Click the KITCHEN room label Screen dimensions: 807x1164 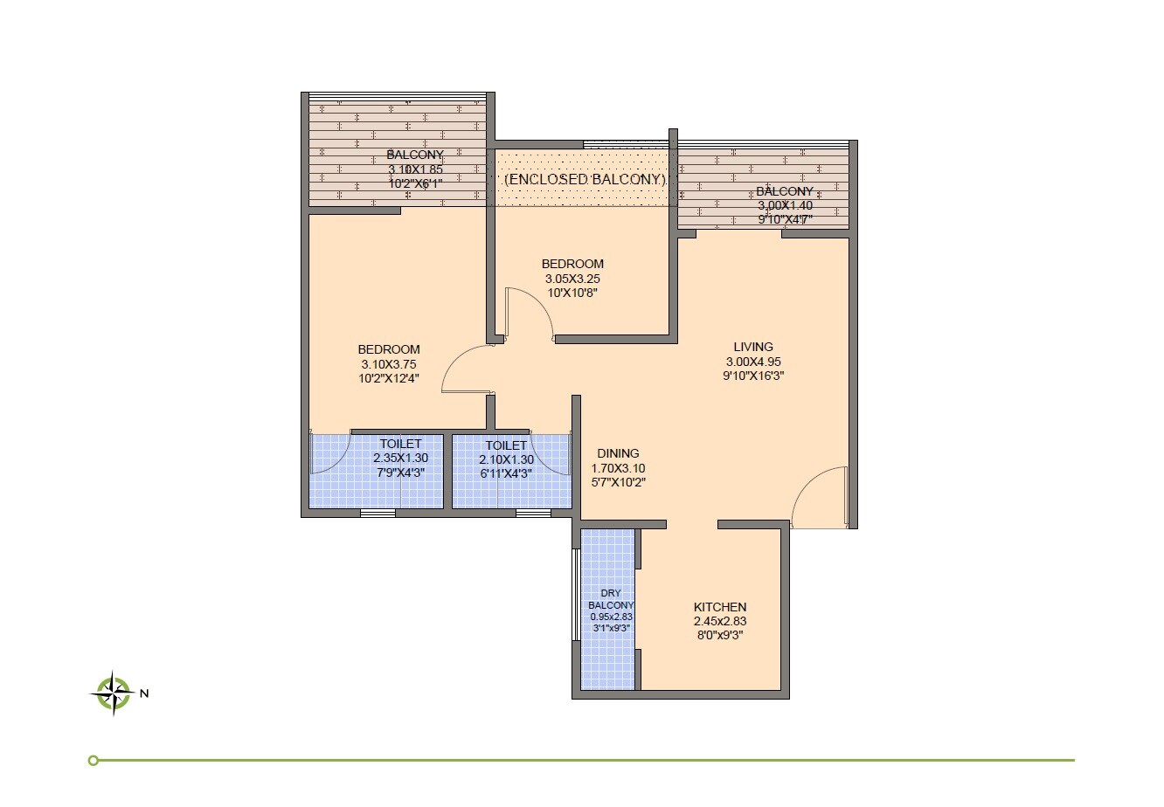pos(720,607)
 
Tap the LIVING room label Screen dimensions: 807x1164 pos(753,347)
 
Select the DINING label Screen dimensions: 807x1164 pos(618,453)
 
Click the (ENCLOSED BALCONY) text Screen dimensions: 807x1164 pos(585,179)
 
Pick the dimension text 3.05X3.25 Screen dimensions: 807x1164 pos(572,279)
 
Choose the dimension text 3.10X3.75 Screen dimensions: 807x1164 pos(388,364)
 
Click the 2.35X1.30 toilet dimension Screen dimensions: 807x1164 pos(400,459)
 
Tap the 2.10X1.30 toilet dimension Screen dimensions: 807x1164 pos(506,459)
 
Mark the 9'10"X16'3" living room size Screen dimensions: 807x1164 pos(753,376)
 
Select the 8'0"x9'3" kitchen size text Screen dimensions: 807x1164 pos(720,637)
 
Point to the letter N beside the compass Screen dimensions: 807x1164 pos(145,694)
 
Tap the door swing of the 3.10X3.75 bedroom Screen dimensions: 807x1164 pos(468,369)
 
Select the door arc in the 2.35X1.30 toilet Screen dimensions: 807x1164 pos(330,454)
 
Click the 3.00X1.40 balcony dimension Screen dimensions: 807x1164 pos(784,205)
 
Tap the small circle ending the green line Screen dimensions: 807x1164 pos(94,760)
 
